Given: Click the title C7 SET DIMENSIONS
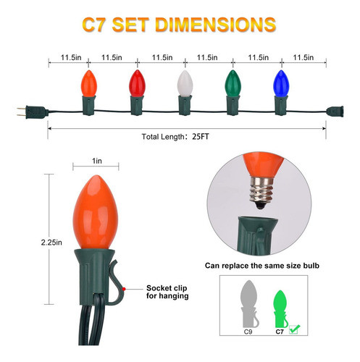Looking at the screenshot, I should (180, 23).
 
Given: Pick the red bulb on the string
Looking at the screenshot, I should (135, 85).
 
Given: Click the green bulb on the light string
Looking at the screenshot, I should (231, 85).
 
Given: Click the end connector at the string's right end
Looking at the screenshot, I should (336, 111).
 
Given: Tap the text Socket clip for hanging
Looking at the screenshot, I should (168, 292).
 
